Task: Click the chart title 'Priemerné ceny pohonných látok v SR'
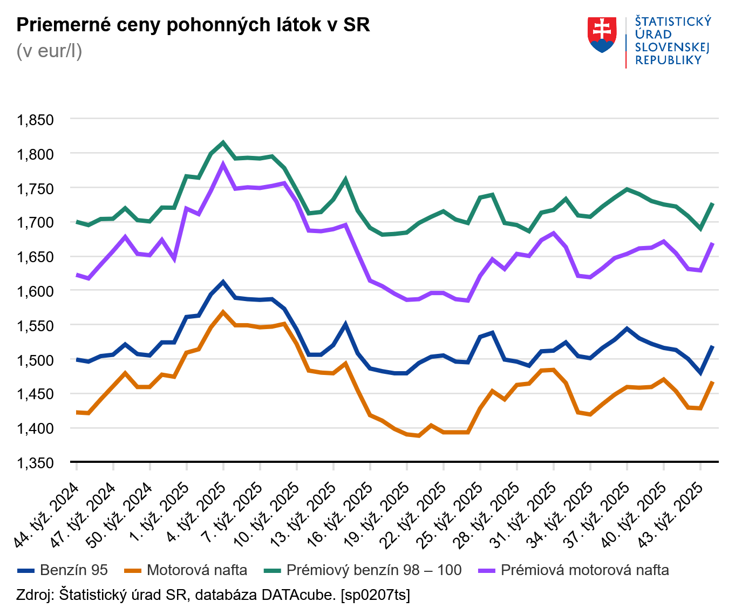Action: pos(193,25)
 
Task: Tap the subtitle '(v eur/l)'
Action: pos(49,51)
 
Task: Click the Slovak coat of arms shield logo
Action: pos(602,35)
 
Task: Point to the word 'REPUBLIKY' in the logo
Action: pos(668,60)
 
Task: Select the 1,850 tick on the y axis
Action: pos(36,119)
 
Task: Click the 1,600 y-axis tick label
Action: pos(36,291)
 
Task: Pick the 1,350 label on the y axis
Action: pos(36,463)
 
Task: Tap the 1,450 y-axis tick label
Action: pos(36,394)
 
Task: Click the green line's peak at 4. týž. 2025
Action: pos(223,143)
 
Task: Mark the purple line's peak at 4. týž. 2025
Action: pos(223,165)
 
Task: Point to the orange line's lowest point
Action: pos(419,435)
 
